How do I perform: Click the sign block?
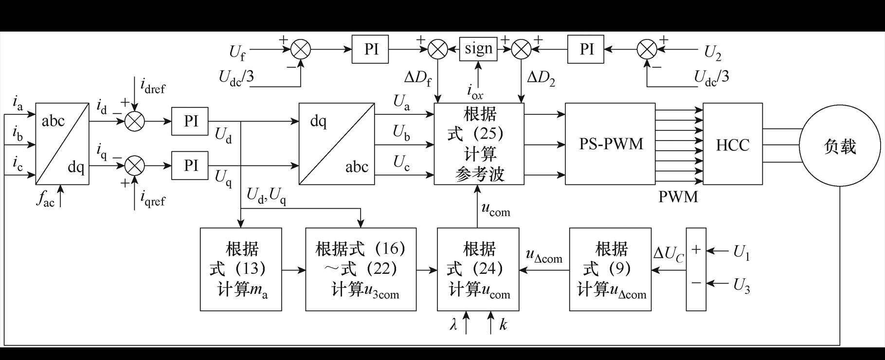click(478, 49)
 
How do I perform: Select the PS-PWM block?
click(610, 144)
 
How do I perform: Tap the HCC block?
click(732, 144)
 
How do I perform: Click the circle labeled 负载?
click(840, 145)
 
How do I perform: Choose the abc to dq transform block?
click(62, 144)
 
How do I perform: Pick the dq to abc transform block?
click(337, 144)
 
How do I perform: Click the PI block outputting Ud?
click(190, 121)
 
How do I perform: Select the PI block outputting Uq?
click(190, 165)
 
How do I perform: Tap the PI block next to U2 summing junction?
click(586, 49)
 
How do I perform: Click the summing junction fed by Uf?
click(301, 49)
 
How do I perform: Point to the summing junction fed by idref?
click(135, 121)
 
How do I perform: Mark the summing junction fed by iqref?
click(135, 165)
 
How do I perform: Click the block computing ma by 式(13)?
click(241, 269)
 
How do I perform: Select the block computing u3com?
click(361, 269)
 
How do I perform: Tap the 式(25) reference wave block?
click(479, 144)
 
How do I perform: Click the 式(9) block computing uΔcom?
click(610, 269)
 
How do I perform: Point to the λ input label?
click(453, 325)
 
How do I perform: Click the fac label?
click(45, 199)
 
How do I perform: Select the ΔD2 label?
click(541, 77)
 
